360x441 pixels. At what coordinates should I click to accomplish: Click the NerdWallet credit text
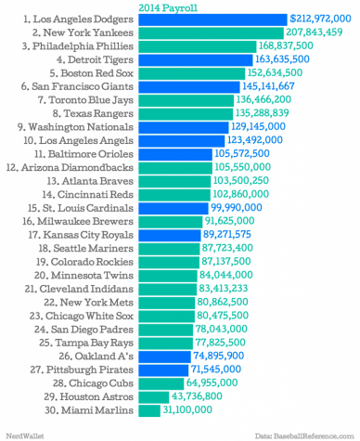tap(23, 435)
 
